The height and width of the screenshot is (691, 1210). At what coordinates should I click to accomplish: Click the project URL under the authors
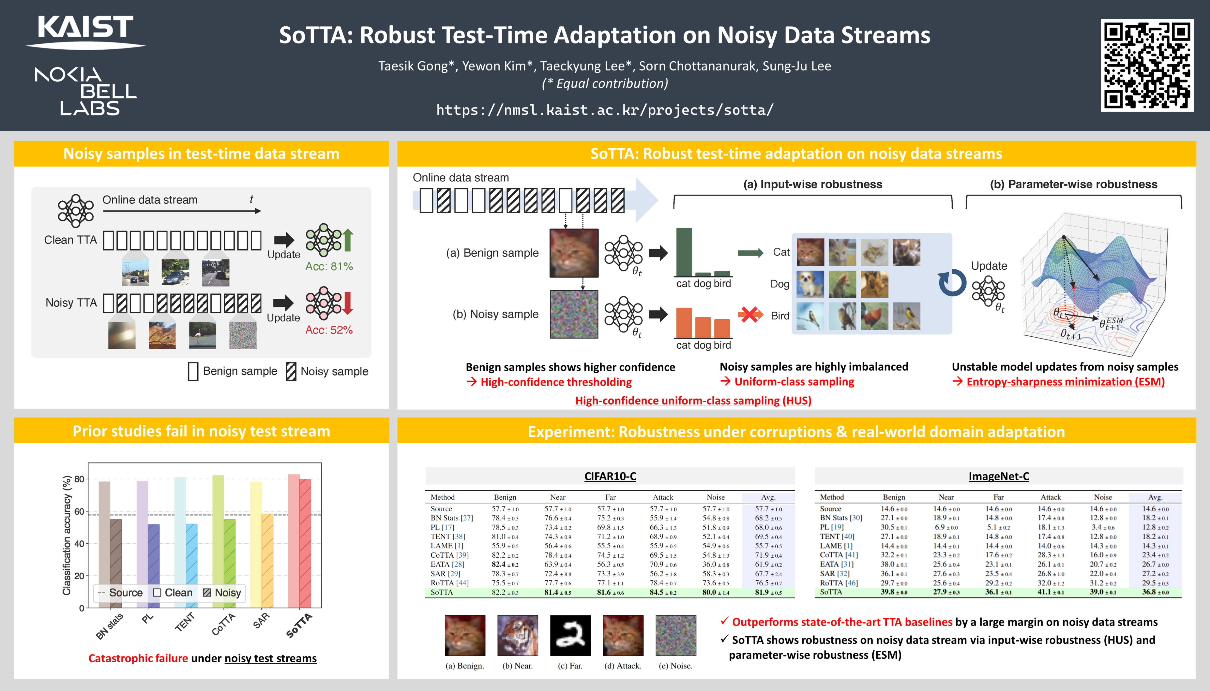coord(605,110)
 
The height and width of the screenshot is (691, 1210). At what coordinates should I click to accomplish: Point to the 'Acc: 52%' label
coord(329,330)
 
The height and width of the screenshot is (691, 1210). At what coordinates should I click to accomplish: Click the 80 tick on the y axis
coord(79,479)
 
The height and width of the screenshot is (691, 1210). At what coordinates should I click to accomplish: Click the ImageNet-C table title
coord(999,477)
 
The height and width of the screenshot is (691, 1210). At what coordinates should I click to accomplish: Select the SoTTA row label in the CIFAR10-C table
coord(442,592)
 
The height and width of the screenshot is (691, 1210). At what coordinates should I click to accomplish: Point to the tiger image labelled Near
coord(518,636)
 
